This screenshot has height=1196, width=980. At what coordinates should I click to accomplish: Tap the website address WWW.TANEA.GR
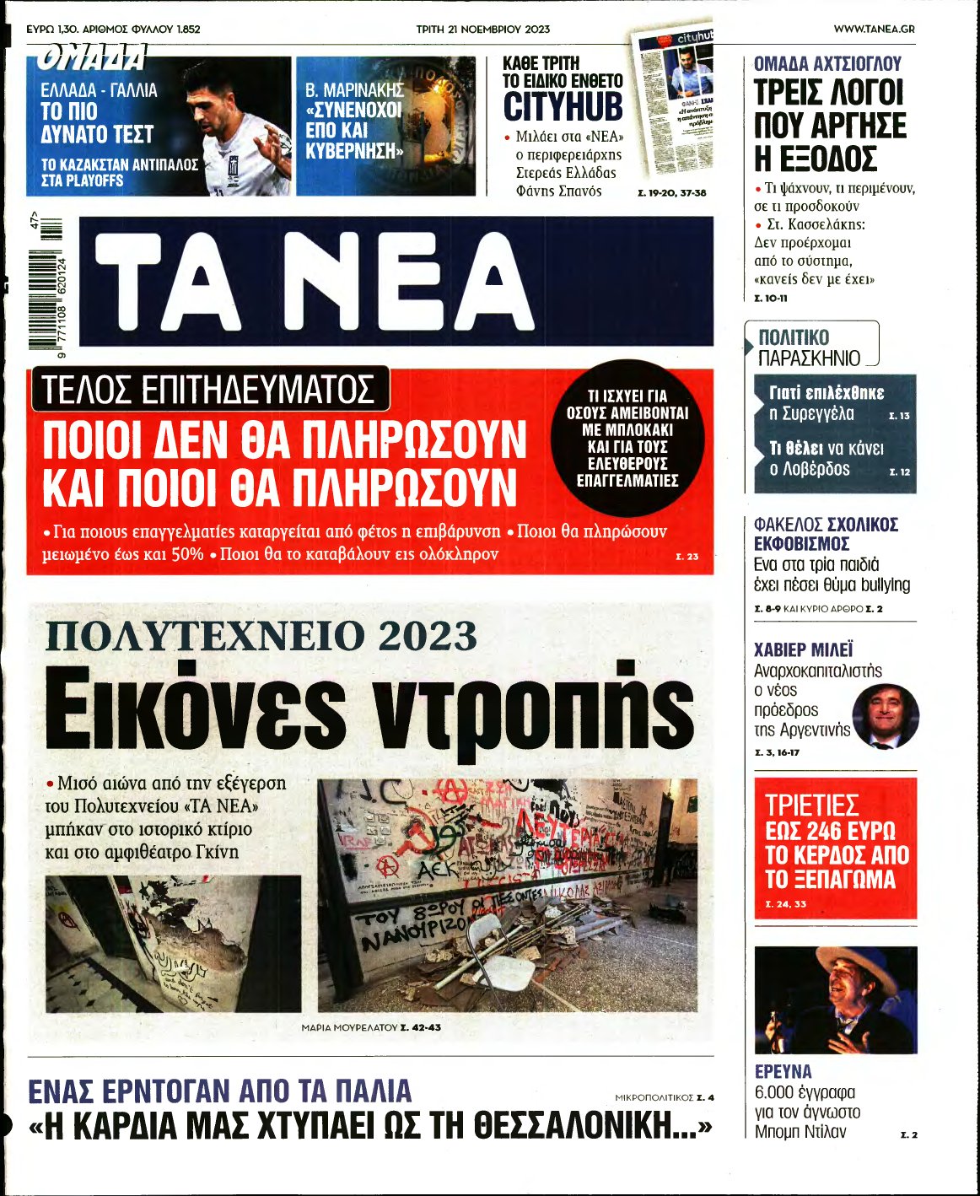coord(874,29)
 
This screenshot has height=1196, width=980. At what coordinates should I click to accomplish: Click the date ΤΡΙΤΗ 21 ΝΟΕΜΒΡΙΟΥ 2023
coord(482,29)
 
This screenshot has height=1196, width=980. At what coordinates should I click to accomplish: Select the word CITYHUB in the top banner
coord(563,108)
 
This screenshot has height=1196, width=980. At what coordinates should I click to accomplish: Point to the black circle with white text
coord(627,438)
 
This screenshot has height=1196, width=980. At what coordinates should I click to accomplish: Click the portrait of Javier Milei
coord(885,716)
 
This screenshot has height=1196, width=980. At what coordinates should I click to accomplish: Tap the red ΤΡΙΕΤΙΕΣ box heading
coord(811,805)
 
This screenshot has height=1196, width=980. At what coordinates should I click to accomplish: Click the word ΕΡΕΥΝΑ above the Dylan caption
coord(783,1071)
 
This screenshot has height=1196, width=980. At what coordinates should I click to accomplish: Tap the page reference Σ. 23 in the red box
coord(687,557)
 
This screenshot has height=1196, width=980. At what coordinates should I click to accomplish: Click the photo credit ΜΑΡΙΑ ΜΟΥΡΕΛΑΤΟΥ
coord(348,1027)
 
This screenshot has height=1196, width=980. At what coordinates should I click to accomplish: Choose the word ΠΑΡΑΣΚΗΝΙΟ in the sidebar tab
coord(809,358)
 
